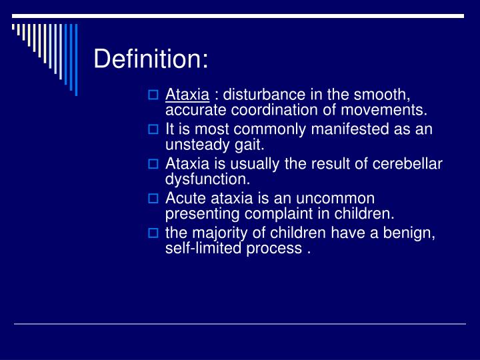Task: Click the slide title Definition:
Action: pos(151,59)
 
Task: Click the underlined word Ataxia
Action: pos(187,94)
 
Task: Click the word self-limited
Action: pos(201,248)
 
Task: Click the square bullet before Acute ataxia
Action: pos(153,199)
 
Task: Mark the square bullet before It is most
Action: pos(153,129)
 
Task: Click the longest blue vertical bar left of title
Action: pos(76,60)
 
